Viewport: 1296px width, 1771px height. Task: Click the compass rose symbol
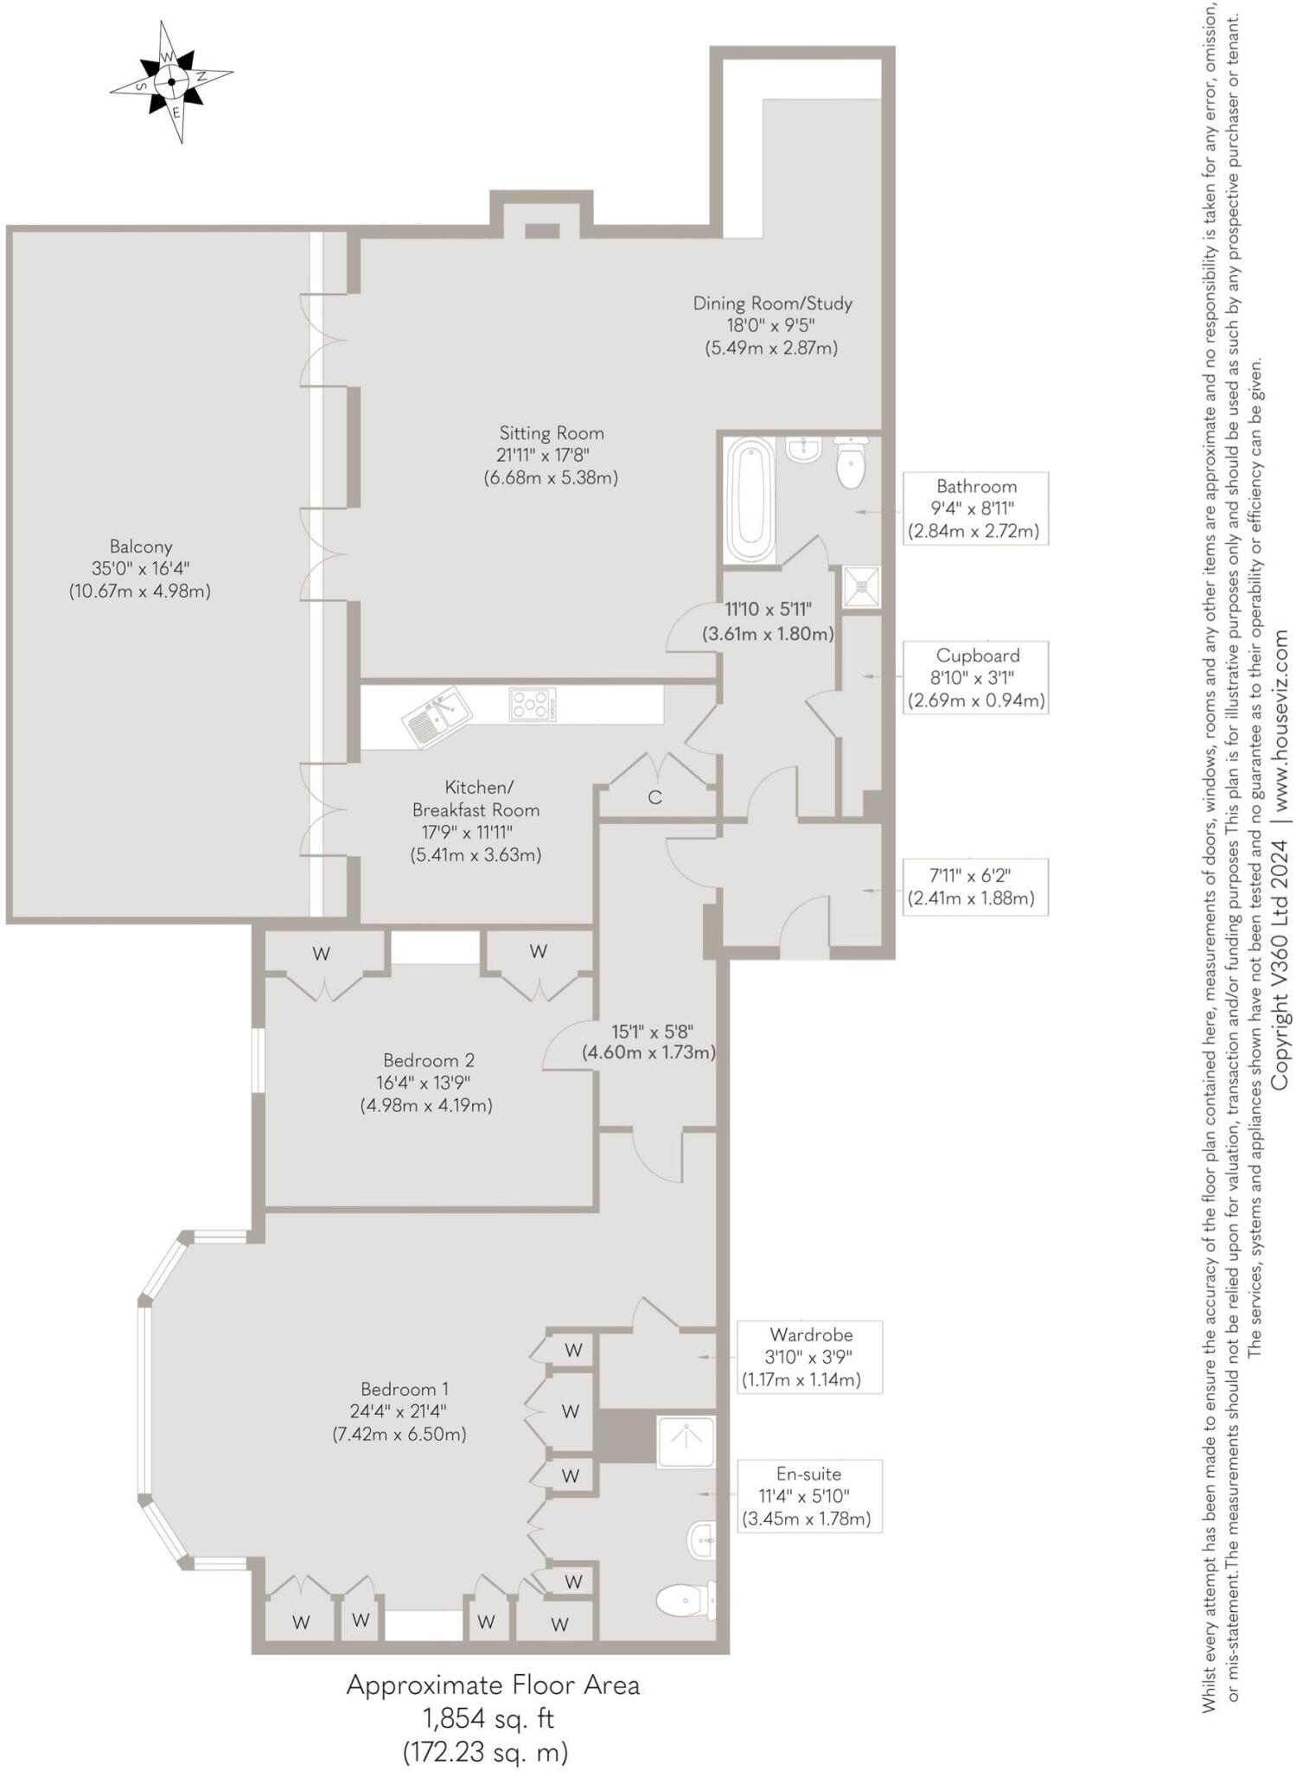click(x=171, y=83)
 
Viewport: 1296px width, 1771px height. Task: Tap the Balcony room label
click(x=140, y=569)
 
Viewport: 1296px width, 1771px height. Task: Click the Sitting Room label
click(x=551, y=455)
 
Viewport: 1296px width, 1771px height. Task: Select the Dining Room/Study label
click(x=772, y=325)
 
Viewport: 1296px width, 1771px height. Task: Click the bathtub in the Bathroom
click(x=750, y=500)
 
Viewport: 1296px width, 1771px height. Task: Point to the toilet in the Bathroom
click(x=851, y=463)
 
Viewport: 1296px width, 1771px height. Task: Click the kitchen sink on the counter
click(x=437, y=718)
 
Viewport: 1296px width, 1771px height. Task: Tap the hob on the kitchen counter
click(x=533, y=704)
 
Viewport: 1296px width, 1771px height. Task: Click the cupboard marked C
click(x=654, y=797)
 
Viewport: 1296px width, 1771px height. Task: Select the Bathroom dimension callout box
click(x=975, y=508)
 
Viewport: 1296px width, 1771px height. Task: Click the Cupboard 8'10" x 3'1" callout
click(x=975, y=678)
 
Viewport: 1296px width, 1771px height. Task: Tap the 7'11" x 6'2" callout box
click(x=975, y=887)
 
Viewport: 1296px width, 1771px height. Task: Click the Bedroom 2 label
click(x=427, y=1082)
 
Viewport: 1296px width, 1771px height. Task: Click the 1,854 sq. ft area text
click(x=488, y=1717)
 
